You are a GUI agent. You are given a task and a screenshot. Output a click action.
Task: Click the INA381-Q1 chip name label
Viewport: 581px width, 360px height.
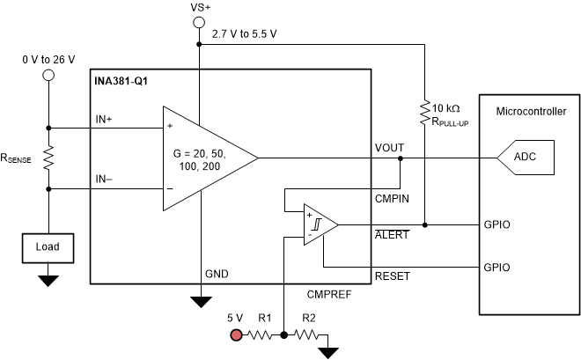click(122, 81)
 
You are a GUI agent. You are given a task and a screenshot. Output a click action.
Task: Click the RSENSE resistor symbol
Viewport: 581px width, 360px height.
click(49, 158)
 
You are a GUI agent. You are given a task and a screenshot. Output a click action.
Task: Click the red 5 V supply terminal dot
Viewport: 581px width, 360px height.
click(236, 335)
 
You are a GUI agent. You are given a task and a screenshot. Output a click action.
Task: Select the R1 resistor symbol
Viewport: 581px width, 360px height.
click(263, 335)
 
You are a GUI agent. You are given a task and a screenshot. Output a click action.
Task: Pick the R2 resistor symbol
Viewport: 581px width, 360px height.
click(305, 335)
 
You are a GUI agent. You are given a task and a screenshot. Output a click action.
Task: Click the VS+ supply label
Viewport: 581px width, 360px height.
click(202, 8)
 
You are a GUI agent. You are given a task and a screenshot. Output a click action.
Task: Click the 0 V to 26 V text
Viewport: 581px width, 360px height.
click(48, 59)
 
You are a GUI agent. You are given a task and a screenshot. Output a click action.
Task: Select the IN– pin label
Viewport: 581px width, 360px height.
click(105, 179)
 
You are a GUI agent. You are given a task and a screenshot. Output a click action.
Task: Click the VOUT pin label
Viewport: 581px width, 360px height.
click(389, 148)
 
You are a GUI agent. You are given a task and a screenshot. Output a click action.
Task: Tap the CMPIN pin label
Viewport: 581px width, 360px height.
click(391, 198)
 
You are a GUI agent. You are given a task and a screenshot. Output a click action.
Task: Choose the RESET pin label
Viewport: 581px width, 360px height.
click(392, 276)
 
